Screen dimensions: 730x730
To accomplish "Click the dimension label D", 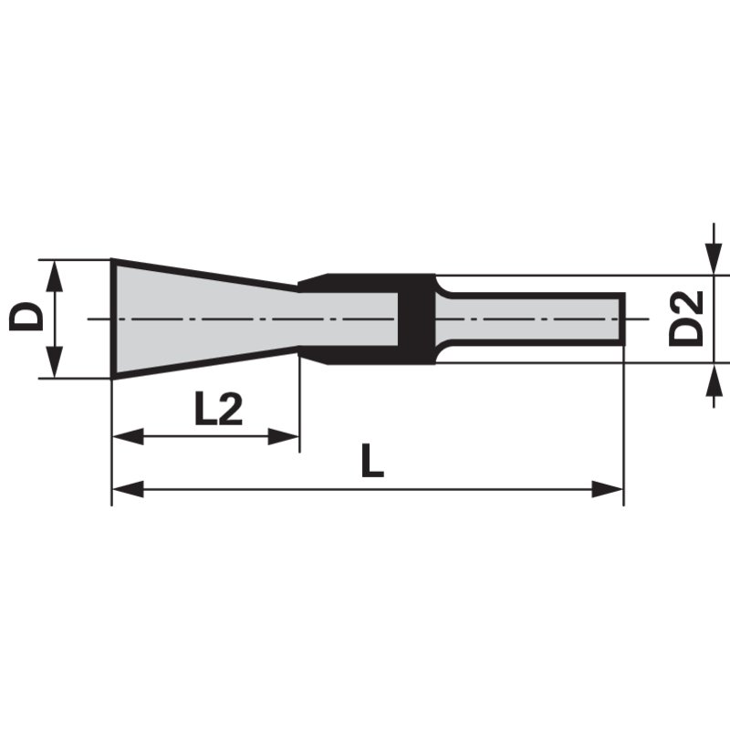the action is pyautogui.click(x=26, y=317).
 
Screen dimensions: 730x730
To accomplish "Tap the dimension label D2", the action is pyautogui.click(x=685, y=318).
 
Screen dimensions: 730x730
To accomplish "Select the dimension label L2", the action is pyautogui.click(x=218, y=409).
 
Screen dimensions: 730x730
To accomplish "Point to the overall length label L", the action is pyautogui.click(x=372, y=461).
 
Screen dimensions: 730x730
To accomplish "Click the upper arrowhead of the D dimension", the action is pyautogui.click(x=55, y=276).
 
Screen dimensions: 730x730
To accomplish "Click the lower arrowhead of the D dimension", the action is pyautogui.click(x=55, y=361).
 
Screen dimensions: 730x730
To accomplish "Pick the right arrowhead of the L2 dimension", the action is pyautogui.click(x=283, y=437).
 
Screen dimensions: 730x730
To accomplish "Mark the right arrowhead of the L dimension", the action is pyautogui.click(x=607, y=489).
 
